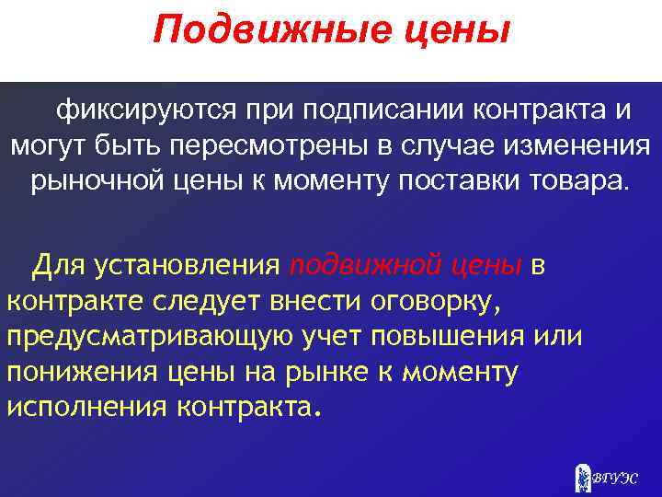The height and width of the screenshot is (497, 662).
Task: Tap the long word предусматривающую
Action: coord(151,336)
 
